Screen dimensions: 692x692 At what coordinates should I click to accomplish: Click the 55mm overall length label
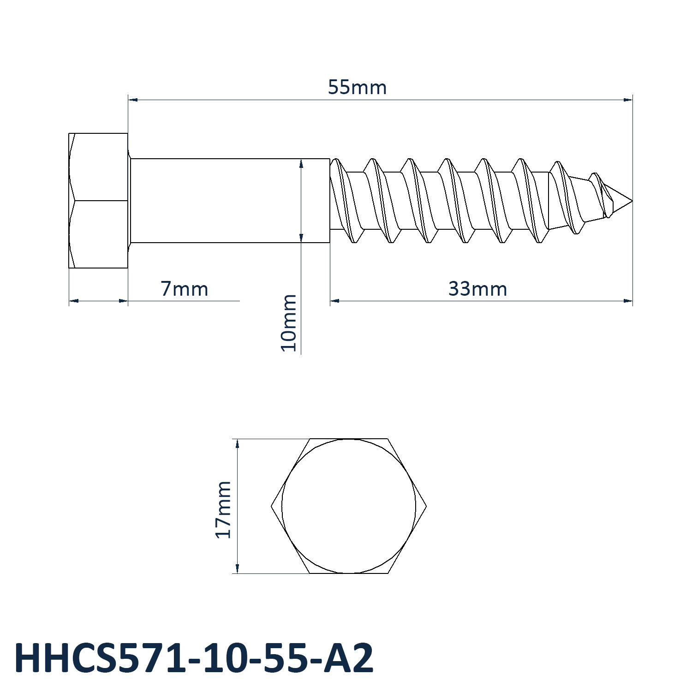(357, 87)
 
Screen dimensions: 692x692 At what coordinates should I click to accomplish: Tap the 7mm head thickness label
(184, 289)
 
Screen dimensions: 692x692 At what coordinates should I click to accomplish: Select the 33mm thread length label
(477, 289)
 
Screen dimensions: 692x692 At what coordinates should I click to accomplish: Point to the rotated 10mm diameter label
(289, 323)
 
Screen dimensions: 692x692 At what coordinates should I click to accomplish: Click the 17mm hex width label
(223, 509)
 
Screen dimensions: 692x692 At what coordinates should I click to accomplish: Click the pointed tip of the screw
(632, 201)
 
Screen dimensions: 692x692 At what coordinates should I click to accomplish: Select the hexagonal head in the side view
(98, 201)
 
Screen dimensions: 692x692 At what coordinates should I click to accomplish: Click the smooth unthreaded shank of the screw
(230, 201)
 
